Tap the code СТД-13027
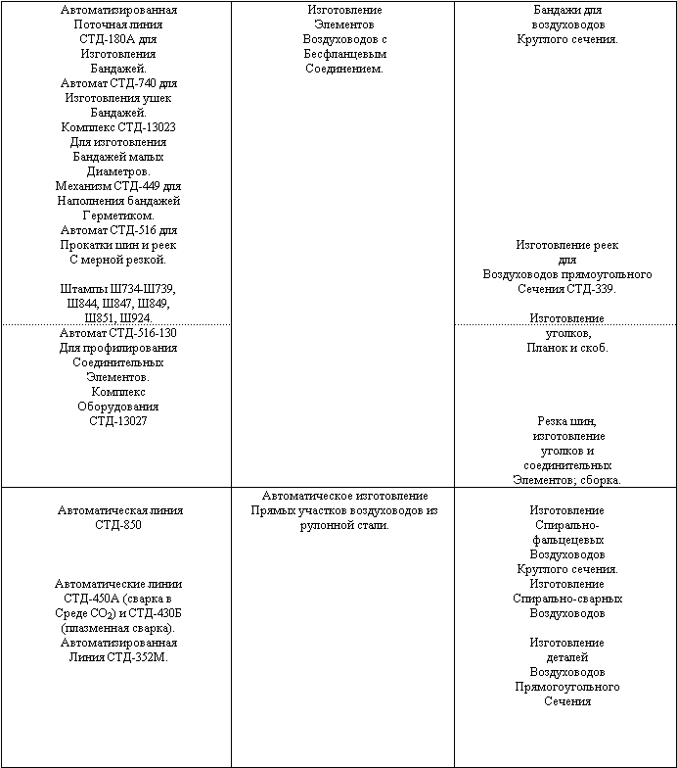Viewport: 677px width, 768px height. click(x=118, y=421)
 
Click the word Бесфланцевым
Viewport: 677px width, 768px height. click(x=343, y=54)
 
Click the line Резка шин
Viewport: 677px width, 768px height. click(x=568, y=421)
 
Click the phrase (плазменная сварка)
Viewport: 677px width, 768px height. click(x=118, y=628)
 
